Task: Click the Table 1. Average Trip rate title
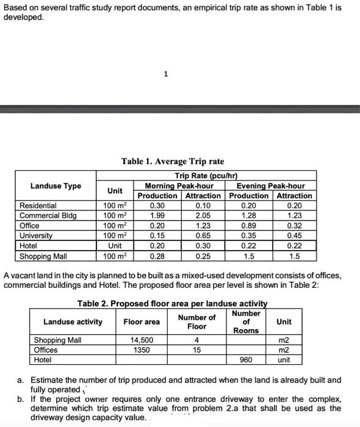coord(173,162)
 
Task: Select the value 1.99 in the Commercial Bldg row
coord(157,215)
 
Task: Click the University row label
coord(37,235)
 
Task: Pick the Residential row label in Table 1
coord(38,206)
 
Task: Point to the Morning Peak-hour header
coord(179,186)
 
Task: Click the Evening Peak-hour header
coord(270,186)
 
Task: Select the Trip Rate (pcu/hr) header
coord(206,176)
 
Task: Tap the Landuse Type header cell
coord(56,186)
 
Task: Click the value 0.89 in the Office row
coord(249,225)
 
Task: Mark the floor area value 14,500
coord(142,340)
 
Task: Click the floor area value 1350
coord(142,350)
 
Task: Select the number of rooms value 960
coord(246,360)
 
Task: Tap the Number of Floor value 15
coord(196,350)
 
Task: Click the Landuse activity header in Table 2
coord(73,321)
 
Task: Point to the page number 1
coord(165,74)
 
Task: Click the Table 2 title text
coord(172,304)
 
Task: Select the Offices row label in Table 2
coord(46,350)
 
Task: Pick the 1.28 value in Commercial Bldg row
coord(249,215)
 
